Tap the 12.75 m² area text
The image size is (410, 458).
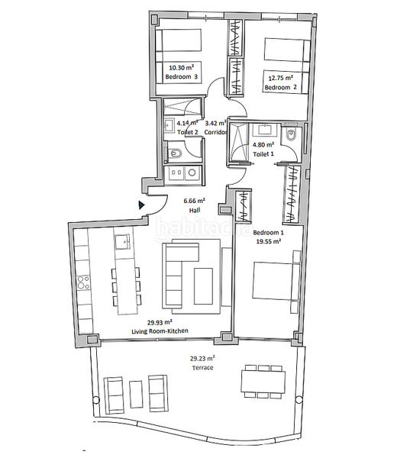(279, 76)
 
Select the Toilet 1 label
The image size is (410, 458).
(263, 153)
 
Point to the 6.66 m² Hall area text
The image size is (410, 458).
(195, 202)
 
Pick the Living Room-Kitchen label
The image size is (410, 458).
(160, 331)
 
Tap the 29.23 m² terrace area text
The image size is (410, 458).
(202, 357)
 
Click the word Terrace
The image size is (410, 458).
(202, 367)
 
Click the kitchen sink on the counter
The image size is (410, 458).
(122, 243)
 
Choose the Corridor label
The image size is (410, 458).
(216, 131)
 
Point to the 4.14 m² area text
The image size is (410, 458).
(187, 122)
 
